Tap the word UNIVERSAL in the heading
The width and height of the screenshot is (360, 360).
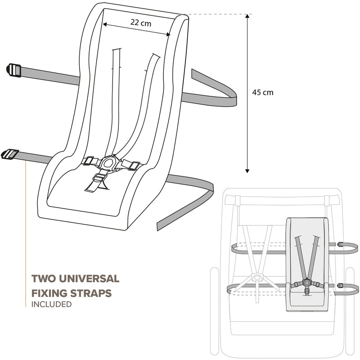coord(85,279)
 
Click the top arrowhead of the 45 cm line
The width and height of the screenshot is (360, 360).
coord(247,17)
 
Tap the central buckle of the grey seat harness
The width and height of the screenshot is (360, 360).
coord(306,283)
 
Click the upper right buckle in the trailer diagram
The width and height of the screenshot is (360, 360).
coord(342,244)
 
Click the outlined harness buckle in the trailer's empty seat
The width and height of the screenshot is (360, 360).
coord(257,277)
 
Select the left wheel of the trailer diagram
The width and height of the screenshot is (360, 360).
coord(214,306)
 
